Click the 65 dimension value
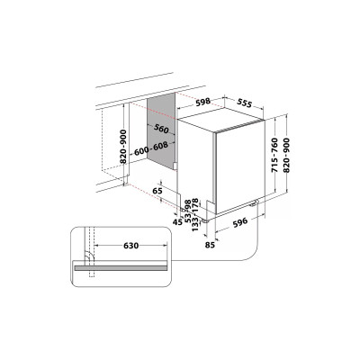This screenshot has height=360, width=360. (158, 191)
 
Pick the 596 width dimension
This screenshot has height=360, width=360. (240, 220)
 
